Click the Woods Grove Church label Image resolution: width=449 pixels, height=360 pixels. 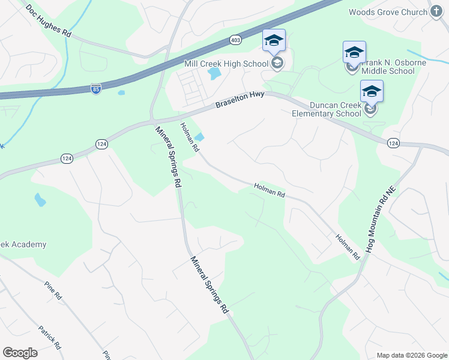tap(387, 12)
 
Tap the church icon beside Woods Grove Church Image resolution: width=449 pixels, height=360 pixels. tap(436, 12)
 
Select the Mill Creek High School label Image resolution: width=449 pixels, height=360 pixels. tap(226, 63)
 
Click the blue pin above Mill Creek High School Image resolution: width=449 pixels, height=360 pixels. tap(274, 41)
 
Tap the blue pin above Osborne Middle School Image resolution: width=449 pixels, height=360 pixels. tap(354, 52)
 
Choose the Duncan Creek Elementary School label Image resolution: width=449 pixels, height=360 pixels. tap(327, 109)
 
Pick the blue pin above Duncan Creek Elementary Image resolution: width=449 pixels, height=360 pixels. tap(372, 92)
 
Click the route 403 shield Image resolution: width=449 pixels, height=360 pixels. tap(235, 40)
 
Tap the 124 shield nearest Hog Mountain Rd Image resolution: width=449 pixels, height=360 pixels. tap(393, 143)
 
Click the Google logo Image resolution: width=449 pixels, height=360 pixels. tap(20, 353)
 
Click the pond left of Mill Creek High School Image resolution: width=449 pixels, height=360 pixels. tap(213, 74)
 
